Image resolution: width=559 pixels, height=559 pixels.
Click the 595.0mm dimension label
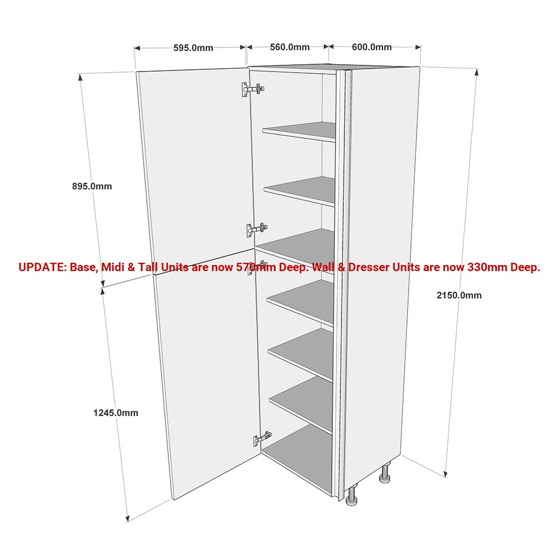[x=193, y=48]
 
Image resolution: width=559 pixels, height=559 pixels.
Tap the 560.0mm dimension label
[x=290, y=47]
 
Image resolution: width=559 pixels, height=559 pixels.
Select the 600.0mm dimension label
[x=372, y=47]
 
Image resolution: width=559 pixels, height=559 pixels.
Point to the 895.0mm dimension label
[x=92, y=186]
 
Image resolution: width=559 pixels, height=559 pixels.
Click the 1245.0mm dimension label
[x=116, y=413]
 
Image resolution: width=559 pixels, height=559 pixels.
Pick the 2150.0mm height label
[x=459, y=295]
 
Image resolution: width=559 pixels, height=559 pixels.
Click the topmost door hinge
[x=253, y=89]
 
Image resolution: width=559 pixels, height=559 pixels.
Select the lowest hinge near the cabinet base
[x=263, y=439]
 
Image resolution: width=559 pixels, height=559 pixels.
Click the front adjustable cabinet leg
[x=352, y=495]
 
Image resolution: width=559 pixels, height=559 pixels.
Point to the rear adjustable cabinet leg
[x=385, y=473]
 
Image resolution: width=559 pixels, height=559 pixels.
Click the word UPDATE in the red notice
[x=42, y=267]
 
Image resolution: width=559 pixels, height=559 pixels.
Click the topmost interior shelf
[x=299, y=131]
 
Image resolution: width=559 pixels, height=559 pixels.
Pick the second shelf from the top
[x=300, y=191]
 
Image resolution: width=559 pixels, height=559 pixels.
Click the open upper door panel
[x=195, y=171]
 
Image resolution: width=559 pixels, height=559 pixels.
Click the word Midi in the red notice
[x=113, y=267]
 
